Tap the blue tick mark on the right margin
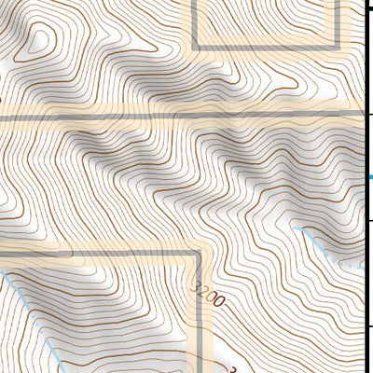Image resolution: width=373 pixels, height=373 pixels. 369,177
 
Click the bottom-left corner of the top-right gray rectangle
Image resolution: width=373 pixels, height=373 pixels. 194,47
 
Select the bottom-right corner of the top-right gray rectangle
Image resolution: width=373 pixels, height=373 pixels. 334,47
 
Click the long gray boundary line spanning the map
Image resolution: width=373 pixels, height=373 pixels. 186,116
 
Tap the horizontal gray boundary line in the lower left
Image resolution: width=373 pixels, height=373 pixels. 93,252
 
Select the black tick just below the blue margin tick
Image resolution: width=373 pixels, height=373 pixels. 369,220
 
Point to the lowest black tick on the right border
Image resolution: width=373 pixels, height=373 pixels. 369,326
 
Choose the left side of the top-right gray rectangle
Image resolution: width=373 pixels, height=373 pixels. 194,23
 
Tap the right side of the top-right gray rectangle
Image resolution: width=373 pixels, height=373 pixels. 334,23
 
